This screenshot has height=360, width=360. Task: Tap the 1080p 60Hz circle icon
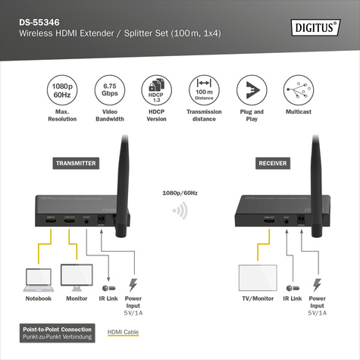click(63, 90)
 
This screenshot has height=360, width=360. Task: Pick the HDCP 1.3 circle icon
click(155, 90)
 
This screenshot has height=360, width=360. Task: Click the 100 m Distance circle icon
click(202, 90)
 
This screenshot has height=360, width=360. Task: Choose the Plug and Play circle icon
click(249, 90)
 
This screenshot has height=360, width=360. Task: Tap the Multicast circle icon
click(297, 90)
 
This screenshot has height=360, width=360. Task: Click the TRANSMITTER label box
click(76, 163)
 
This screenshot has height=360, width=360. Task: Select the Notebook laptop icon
click(39, 278)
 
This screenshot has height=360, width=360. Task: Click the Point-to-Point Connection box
click(58, 332)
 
